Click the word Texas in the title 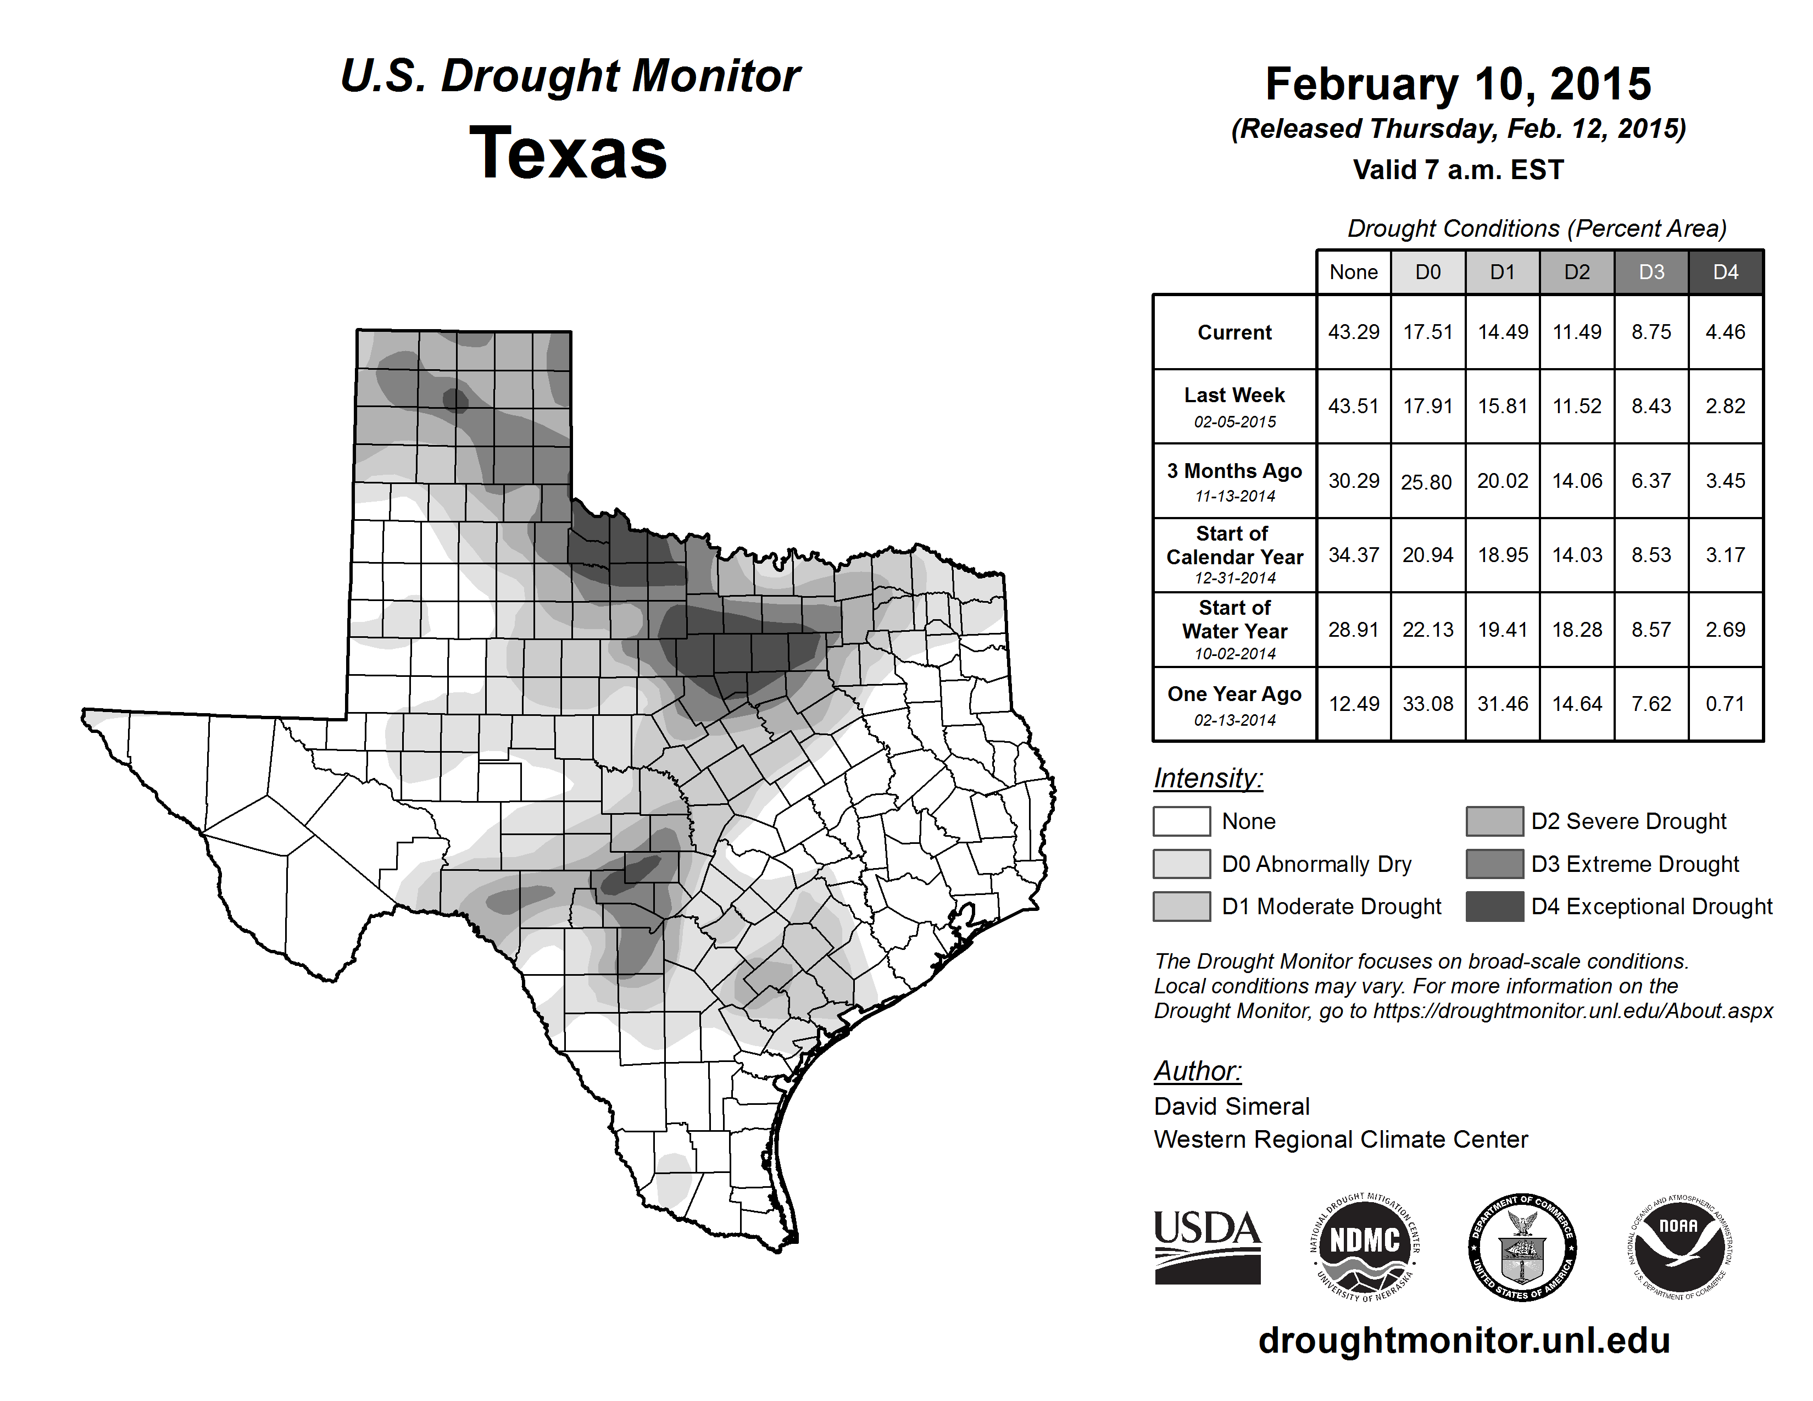point(568,153)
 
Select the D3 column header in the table point(1651,272)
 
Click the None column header point(1353,272)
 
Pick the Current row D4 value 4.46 point(1725,332)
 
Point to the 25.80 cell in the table point(1426,481)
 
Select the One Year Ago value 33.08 point(1428,704)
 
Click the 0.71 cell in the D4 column point(1725,704)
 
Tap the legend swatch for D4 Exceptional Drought point(1494,907)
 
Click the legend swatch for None point(1181,821)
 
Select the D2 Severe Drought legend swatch point(1494,821)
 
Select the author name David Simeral point(1231,1107)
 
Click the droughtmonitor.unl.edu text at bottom point(1464,1341)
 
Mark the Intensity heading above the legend point(1208,779)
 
